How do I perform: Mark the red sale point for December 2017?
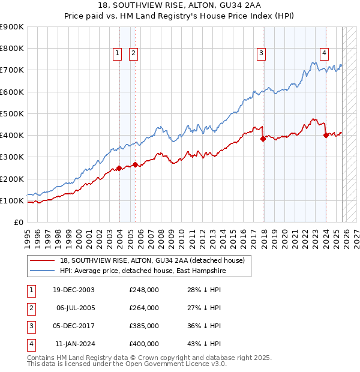pyautogui.click(x=263, y=139)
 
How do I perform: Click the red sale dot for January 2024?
pyautogui.click(x=326, y=135)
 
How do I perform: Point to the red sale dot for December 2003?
pyautogui.click(x=119, y=168)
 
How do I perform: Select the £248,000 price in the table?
pyautogui.click(x=144, y=290)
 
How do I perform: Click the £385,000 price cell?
pyautogui.click(x=144, y=326)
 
